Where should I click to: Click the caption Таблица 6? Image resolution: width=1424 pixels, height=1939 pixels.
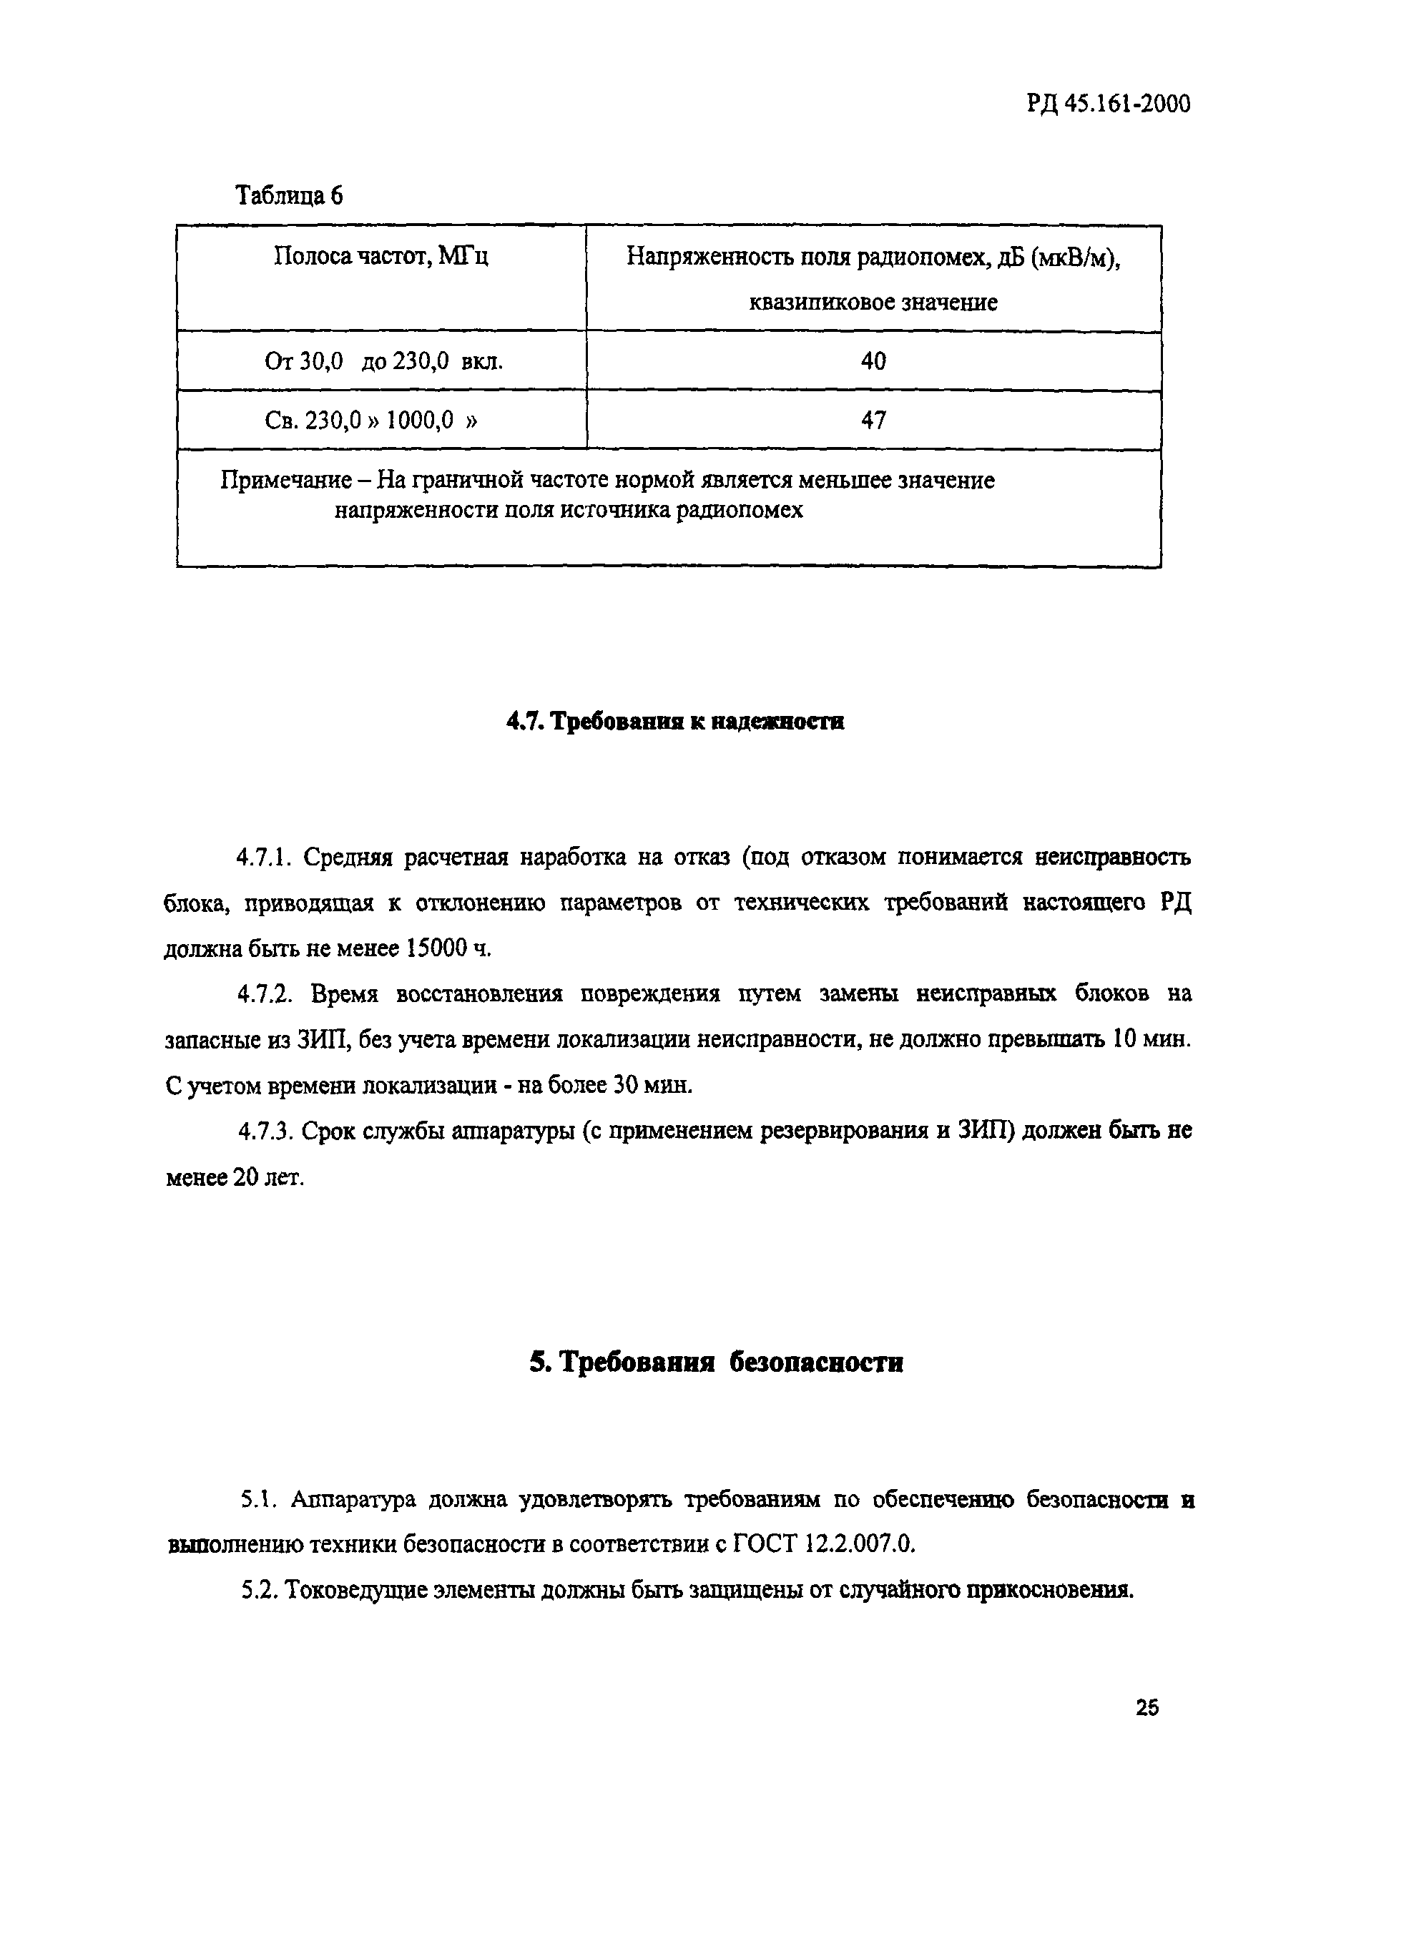pyautogui.click(x=289, y=196)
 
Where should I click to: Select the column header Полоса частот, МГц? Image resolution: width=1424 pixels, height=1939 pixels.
pyautogui.click(x=381, y=256)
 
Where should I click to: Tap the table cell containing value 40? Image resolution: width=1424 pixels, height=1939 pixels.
pyautogui.click(x=873, y=360)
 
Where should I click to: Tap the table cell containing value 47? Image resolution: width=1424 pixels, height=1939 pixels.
pyautogui.click(x=873, y=420)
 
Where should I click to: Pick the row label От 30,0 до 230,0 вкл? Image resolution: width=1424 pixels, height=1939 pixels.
pyautogui.click(x=383, y=361)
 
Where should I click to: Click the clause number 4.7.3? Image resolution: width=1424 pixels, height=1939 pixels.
pyautogui.click(x=266, y=1131)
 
